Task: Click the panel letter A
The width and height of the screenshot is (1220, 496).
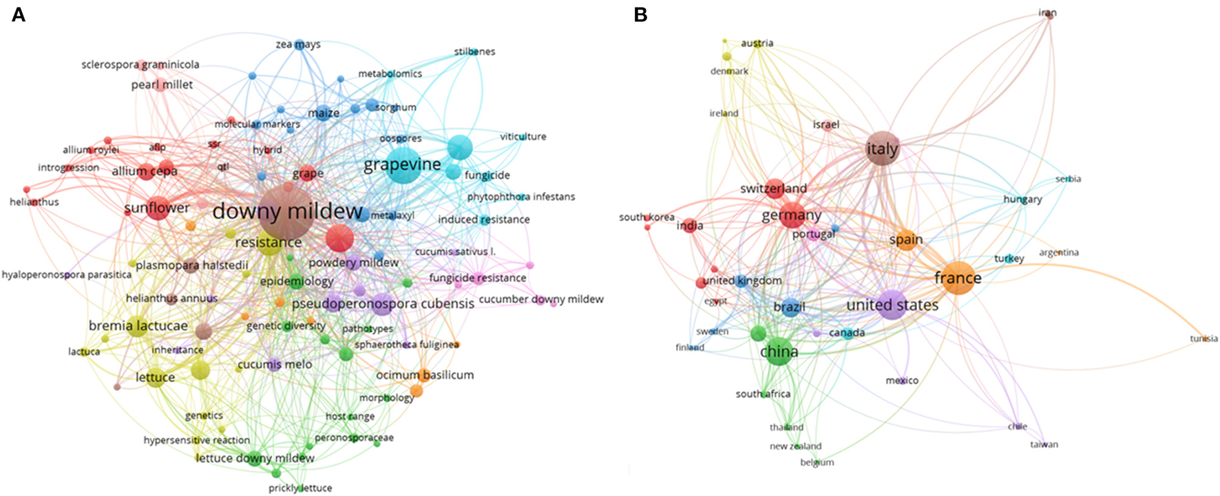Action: tap(18, 14)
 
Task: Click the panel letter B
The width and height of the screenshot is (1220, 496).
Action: tap(640, 14)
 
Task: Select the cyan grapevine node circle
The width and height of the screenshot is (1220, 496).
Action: tap(402, 164)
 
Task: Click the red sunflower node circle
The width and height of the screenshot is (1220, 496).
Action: tap(158, 208)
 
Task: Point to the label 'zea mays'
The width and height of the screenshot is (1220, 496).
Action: tap(298, 45)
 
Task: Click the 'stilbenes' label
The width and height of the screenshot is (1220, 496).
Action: tap(474, 52)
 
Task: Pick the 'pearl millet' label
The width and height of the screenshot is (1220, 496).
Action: tap(162, 85)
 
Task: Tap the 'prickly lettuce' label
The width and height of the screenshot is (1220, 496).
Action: tap(300, 488)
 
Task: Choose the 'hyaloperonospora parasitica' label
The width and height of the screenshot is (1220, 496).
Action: tap(66, 274)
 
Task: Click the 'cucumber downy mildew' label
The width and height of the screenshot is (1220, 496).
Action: tap(541, 299)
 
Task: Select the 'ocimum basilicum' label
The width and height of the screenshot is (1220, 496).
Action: tap(425, 375)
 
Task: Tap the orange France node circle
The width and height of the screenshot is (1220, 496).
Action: tap(958, 278)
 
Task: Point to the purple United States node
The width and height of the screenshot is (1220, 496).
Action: tap(892, 305)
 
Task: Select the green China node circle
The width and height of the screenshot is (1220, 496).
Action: tap(779, 352)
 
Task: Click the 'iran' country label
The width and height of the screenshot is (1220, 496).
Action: tap(1047, 13)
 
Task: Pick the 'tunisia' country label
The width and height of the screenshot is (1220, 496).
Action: tap(1203, 338)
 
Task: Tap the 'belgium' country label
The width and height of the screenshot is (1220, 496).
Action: tap(817, 462)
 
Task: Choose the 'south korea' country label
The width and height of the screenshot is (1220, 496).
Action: tap(646, 217)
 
